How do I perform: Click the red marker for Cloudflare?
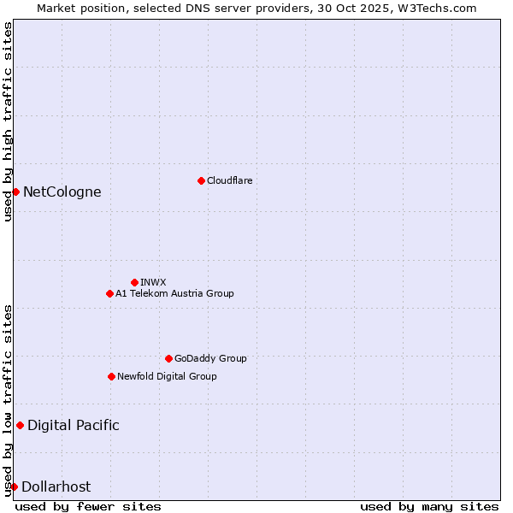[x=201, y=180]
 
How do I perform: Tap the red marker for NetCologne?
[x=15, y=192]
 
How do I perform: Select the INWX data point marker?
[x=134, y=282]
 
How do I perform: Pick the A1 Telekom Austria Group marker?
[x=109, y=293]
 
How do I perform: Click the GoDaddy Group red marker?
[x=168, y=358]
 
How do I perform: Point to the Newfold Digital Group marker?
[x=111, y=376]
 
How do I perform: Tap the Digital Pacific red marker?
[x=20, y=425]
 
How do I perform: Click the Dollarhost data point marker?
[x=14, y=486]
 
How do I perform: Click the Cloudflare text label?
[x=230, y=180]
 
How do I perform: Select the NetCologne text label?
[x=62, y=192]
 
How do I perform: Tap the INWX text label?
[x=154, y=282]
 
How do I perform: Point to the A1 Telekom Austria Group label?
[x=174, y=293]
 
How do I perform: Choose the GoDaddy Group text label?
[x=210, y=358]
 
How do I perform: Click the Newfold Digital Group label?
[x=167, y=376]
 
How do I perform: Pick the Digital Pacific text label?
[x=74, y=425]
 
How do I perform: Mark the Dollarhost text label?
[x=56, y=486]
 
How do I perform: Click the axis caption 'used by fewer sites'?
[x=88, y=506]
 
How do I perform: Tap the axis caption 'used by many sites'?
[x=429, y=506]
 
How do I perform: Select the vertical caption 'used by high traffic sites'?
[x=8, y=122]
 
